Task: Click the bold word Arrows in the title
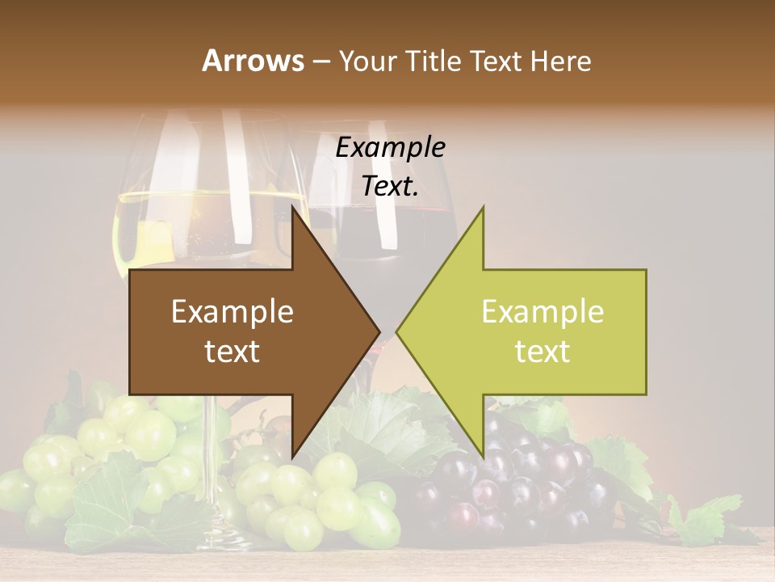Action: coord(253,61)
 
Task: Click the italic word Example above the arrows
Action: coord(390,148)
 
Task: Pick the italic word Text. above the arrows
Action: coord(390,187)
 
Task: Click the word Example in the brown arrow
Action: coord(232,311)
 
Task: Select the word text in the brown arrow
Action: coord(232,352)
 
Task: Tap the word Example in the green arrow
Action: coord(542,311)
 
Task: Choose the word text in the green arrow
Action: coord(542,352)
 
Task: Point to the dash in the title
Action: coord(320,61)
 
